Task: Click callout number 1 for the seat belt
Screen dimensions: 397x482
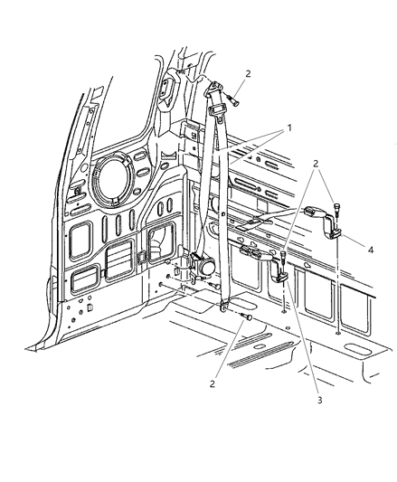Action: click(288, 128)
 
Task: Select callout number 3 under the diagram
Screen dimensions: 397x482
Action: click(319, 401)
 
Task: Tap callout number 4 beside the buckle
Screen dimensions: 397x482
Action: click(371, 250)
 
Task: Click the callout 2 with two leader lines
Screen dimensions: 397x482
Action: click(316, 164)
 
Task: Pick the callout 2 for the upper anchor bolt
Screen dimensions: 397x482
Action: click(248, 74)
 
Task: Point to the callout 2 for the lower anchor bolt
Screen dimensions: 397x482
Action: click(213, 384)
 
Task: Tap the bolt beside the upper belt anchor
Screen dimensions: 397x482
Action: click(233, 100)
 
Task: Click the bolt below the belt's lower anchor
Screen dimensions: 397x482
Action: click(247, 317)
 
